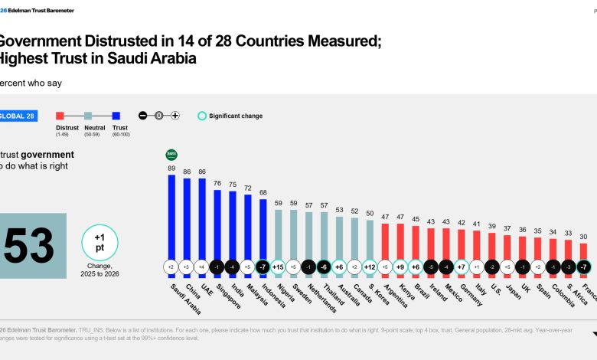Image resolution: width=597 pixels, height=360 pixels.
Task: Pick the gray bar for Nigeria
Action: (x=278, y=230)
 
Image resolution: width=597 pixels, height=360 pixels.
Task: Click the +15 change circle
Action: (x=278, y=267)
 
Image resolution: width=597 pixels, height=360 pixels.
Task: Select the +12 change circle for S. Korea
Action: (x=370, y=267)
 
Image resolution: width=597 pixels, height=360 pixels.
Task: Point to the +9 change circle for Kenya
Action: (x=400, y=267)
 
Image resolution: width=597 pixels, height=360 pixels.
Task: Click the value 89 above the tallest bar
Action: (x=171, y=168)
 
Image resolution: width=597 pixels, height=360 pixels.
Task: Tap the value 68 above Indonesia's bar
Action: (x=263, y=191)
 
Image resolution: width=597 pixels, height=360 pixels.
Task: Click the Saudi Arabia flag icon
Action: (x=171, y=154)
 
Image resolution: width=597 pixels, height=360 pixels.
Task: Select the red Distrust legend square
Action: (x=60, y=116)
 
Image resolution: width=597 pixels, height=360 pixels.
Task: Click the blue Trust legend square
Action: (x=116, y=116)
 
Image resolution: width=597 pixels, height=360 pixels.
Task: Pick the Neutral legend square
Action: (x=88, y=116)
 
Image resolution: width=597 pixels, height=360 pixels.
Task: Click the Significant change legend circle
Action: (x=203, y=116)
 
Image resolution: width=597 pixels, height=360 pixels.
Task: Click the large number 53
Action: (x=29, y=246)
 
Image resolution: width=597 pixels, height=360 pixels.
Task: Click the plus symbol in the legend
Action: (x=175, y=116)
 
